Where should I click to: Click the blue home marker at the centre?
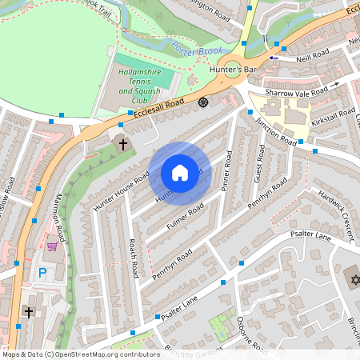coord(180,173)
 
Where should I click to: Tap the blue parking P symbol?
coord(42,273)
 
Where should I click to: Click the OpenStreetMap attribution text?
coord(70,354)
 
